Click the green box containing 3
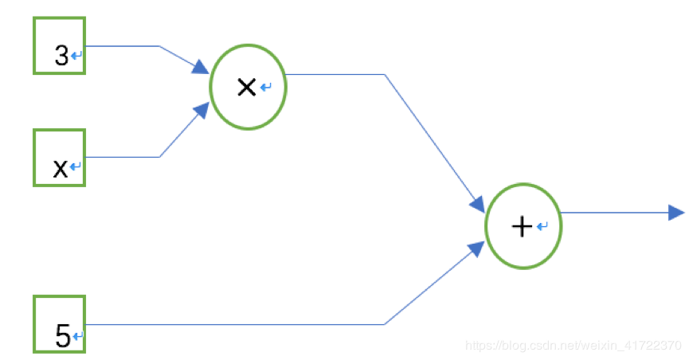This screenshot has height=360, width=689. pos(58,46)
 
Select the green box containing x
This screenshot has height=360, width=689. pos(58,158)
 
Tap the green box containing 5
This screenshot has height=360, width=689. pos(58,323)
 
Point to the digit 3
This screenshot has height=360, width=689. pos(61,56)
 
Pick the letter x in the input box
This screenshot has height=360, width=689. pos(60,168)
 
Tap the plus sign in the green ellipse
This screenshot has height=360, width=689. pos(521,227)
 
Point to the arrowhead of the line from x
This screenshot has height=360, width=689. pos(202,110)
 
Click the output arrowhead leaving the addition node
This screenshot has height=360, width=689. pos(676,212)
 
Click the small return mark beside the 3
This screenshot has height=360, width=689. pos(77,56)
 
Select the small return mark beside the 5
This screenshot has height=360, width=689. pos(77,337)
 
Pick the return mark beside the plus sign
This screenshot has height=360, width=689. pos(542,227)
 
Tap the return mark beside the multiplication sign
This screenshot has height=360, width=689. pos(265,88)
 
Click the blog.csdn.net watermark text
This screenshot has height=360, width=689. pos(573,346)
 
